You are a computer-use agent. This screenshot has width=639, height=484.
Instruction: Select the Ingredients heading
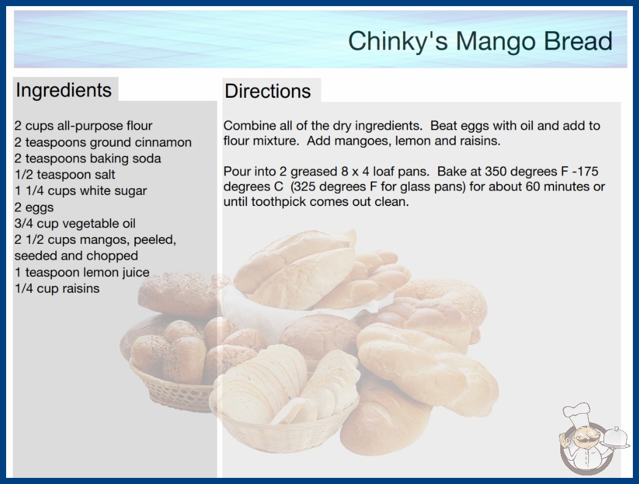tap(64, 90)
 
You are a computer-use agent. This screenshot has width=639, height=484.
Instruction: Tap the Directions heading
tap(268, 91)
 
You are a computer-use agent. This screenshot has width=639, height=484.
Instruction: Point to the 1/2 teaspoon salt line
tap(65, 175)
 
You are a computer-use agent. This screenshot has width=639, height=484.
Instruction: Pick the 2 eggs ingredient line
tap(34, 208)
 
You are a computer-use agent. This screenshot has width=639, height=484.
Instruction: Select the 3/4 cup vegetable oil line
tap(75, 224)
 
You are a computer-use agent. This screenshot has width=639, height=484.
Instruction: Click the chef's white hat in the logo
tap(577, 413)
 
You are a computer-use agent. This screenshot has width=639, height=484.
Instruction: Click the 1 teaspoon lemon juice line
tap(82, 273)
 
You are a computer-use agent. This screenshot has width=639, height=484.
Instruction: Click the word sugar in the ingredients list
tap(131, 191)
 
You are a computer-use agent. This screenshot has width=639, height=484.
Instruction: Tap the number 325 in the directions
tap(305, 187)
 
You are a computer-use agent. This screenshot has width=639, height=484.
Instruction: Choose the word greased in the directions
tap(313, 172)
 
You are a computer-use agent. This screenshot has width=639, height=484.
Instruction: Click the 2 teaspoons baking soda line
tap(87, 159)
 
